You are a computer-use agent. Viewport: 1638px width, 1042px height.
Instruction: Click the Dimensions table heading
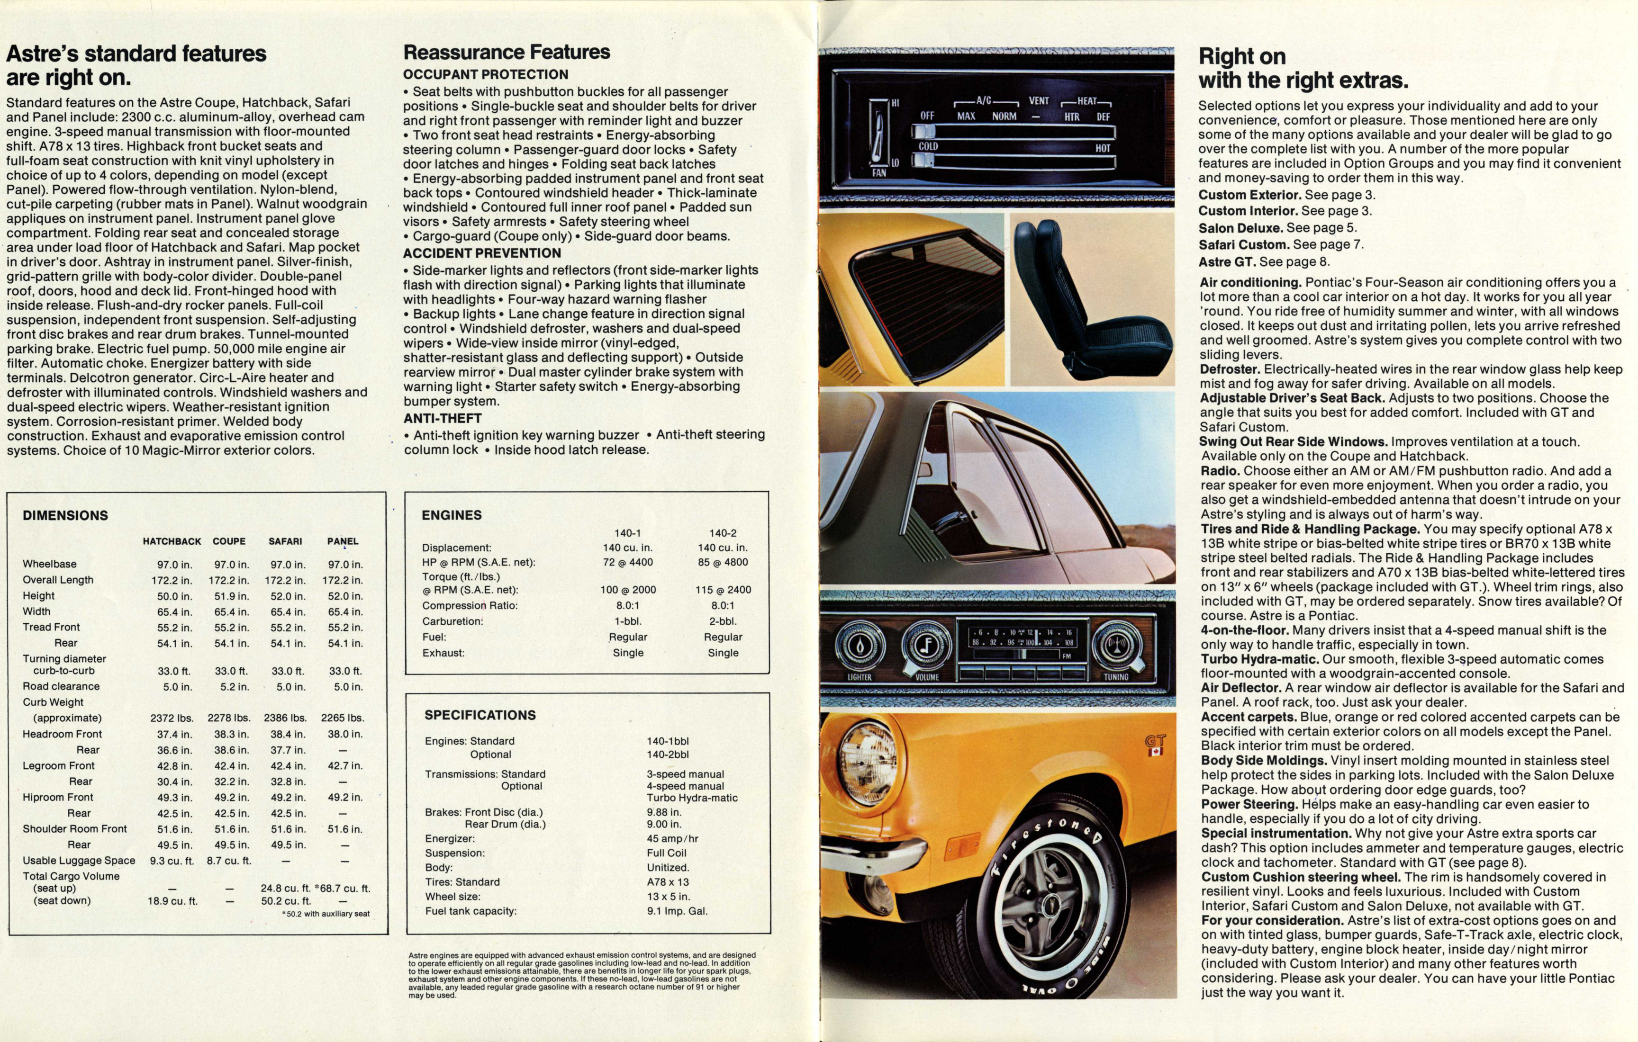[65, 516]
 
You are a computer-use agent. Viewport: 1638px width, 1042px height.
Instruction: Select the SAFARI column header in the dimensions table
[285, 541]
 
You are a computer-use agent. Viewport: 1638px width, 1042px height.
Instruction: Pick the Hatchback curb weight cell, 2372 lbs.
[172, 718]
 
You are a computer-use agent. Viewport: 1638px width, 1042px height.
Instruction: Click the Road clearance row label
[61, 686]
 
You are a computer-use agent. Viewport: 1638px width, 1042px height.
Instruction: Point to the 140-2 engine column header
[723, 533]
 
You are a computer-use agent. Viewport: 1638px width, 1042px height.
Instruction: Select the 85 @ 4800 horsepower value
[723, 563]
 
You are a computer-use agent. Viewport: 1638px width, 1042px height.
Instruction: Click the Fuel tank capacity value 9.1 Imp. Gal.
[678, 911]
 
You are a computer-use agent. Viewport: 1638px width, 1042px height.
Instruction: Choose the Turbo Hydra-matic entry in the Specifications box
[692, 798]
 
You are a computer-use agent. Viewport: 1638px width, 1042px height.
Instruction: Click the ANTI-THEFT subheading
[442, 418]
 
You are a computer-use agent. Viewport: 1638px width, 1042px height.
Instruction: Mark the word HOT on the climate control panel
[1103, 148]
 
